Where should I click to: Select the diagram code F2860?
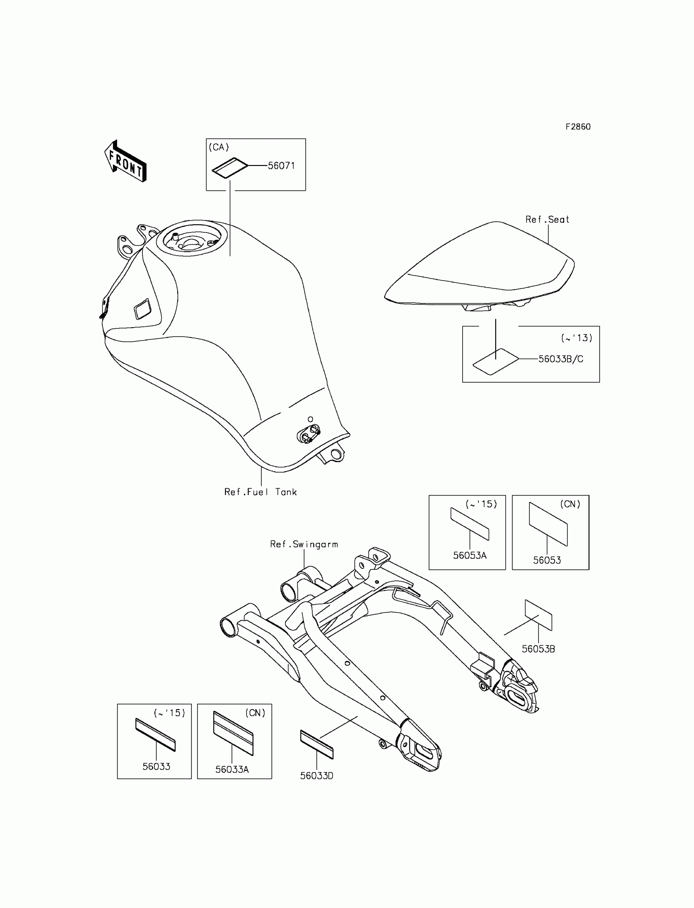coord(578,127)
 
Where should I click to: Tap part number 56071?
coord(281,166)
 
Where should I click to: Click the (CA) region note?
coord(218,147)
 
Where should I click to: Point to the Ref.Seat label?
coord(547,219)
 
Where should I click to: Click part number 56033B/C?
coord(561,359)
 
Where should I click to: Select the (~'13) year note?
coord(577,338)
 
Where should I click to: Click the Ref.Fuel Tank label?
coord(260,492)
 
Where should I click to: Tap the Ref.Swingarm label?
coord(304,544)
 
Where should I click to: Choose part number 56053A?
coord(470,556)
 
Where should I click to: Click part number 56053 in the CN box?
coord(547,560)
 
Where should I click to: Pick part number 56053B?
coord(538,649)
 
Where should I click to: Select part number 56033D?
coord(316,776)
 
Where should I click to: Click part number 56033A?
coord(232,769)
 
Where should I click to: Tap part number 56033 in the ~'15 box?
coord(156,766)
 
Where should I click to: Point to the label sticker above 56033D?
coord(316,744)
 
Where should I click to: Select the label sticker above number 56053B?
coord(538,615)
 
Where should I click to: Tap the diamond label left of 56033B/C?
coord(495,361)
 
